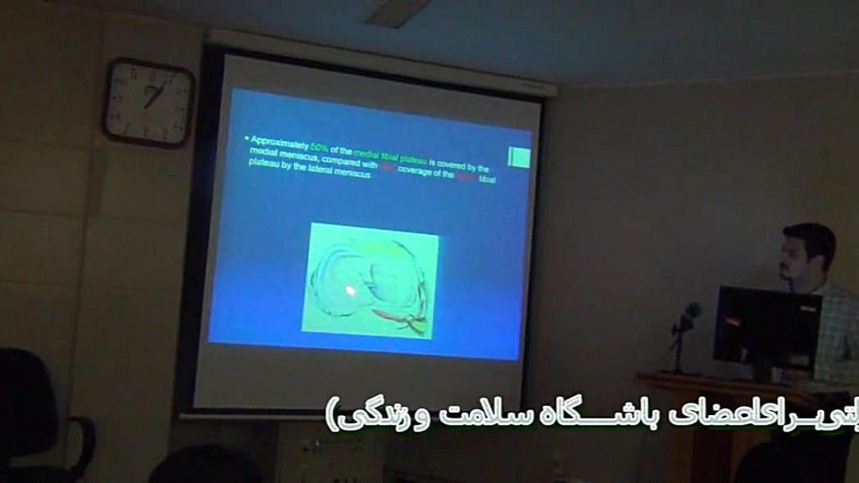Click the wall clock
(148, 102)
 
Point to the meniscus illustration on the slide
(370, 283)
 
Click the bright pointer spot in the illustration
(350, 289)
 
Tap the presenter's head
(807, 254)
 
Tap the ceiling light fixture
(398, 12)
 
